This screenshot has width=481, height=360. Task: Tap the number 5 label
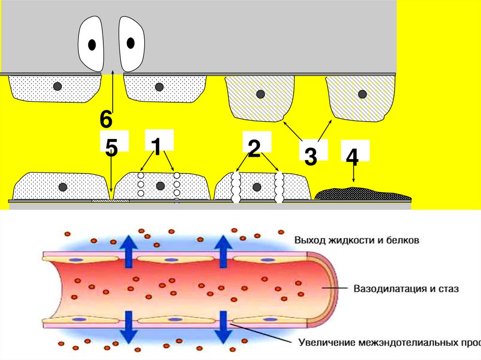coord(111,148)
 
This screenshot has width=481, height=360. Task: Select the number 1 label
coord(156,147)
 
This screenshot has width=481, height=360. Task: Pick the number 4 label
coord(352,158)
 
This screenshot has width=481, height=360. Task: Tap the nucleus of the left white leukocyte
coord(92,45)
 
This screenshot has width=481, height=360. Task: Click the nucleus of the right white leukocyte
coord(131,43)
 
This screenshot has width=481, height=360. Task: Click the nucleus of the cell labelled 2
coord(256,187)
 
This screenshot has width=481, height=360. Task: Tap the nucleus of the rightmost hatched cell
coord(362,94)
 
